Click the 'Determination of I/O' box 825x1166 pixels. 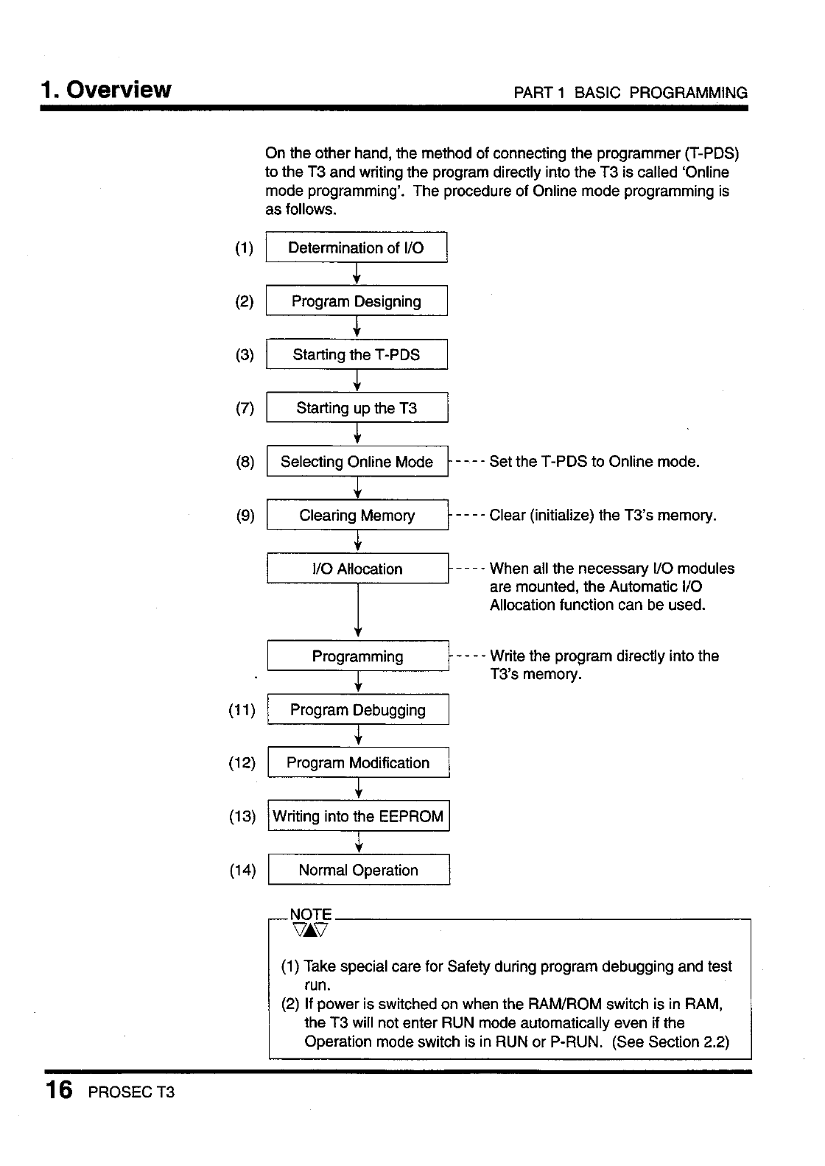(x=357, y=247)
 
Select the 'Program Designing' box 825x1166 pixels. (x=357, y=301)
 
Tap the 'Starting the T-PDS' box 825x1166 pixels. (x=357, y=354)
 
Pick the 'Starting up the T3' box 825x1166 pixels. (x=357, y=408)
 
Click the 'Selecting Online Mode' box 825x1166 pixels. (x=357, y=462)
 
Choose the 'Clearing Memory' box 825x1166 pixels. (x=357, y=516)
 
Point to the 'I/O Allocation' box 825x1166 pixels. (x=357, y=569)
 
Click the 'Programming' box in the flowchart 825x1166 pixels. (x=357, y=656)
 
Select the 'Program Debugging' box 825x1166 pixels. (x=357, y=710)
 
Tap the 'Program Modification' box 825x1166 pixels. (x=358, y=763)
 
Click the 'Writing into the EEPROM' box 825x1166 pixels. (x=358, y=816)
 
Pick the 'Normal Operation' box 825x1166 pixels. (x=358, y=870)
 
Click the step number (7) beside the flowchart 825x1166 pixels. (x=245, y=408)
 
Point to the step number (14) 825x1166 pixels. (x=242, y=870)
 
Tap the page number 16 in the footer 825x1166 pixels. (x=58, y=1089)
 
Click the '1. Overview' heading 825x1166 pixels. (x=106, y=90)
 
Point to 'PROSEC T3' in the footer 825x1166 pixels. (x=131, y=1092)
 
